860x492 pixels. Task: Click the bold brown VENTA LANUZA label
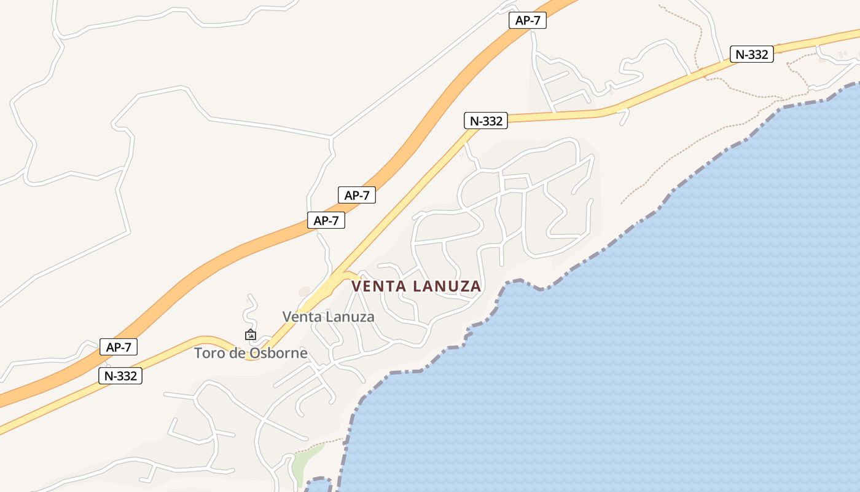[416, 287]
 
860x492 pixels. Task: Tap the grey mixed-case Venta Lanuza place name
[328, 317]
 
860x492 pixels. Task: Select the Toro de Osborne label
[251, 353]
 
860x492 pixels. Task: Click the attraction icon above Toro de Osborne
[250, 335]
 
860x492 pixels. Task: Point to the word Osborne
[278, 353]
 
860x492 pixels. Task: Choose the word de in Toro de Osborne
[238, 353]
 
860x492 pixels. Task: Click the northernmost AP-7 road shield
[528, 20]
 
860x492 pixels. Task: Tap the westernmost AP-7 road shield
[119, 347]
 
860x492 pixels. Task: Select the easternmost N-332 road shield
[751, 54]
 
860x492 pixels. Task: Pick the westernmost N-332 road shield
[120, 376]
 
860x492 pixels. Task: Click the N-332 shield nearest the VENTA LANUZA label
[485, 121]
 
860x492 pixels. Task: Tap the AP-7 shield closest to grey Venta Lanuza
[326, 221]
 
